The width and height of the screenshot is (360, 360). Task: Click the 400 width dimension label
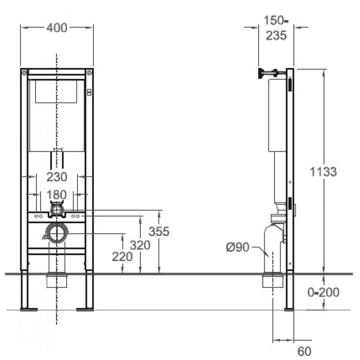(57, 28)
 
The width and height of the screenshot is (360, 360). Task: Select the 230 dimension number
(57, 177)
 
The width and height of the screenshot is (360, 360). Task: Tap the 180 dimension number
(57, 195)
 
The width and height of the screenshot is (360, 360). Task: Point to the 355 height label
(159, 231)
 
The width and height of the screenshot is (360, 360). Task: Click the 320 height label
(140, 245)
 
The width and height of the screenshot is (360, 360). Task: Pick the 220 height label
(122, 256)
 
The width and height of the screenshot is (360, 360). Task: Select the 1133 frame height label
(323, 171)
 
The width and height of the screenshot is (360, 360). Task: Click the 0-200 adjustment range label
(323, 292)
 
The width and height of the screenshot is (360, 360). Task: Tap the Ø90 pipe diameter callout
(238, 247)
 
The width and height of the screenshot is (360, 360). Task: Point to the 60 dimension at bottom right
(305, 351)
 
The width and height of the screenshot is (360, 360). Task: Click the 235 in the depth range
(276, 36)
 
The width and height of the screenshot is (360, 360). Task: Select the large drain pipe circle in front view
(57, 233)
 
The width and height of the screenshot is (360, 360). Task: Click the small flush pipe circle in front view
(57, 210)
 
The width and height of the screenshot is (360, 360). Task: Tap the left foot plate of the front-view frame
(29, 310)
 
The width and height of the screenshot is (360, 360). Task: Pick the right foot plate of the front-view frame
(85, 310)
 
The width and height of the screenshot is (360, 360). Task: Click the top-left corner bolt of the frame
(24, 73)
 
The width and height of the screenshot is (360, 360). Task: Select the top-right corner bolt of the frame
(89, 73)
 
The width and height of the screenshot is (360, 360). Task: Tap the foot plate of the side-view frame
(289, 310)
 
